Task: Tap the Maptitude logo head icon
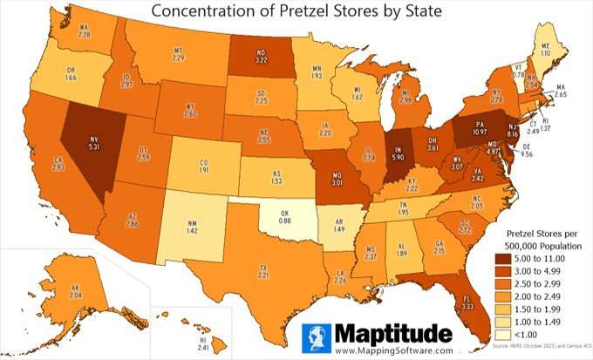pos(318,336)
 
